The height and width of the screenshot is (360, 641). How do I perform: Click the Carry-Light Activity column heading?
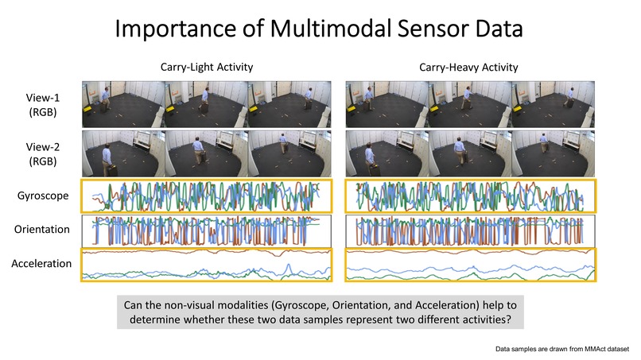(x=204, y=67)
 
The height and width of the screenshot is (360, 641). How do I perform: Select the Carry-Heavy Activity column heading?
(x=468, y=67)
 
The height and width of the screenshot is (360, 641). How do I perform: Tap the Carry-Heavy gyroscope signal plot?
(x=471, y=196)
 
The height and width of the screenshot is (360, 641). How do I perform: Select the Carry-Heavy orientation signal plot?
(x=471, y=230)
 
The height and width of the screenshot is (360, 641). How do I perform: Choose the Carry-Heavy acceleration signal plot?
(x=471, y=265)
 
